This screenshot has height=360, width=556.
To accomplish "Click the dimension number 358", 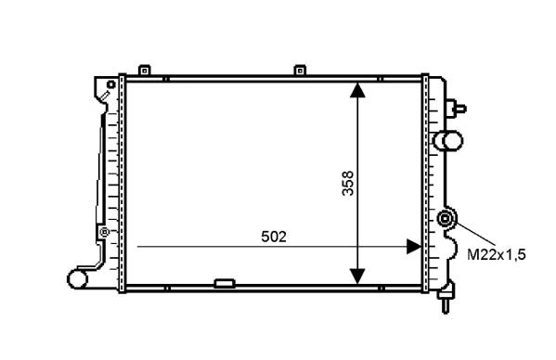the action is pyautogui.click(x=348, y=183).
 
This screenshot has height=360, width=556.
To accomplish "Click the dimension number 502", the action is pyautogui.click(x=274, y=237).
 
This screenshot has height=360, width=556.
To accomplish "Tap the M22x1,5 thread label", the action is pyautogui.click(x=496, y=255).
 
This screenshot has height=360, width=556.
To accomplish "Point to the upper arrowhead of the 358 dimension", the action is pyautogui.click(x=357, y=90).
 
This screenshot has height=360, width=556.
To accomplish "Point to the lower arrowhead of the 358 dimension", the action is pyautogui.click(x=357, y=276).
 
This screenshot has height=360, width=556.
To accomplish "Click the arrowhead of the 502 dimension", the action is pyautogui.click(x=414, y=246).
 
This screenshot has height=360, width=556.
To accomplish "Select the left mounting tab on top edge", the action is pyautogui.click(x=144, y=71).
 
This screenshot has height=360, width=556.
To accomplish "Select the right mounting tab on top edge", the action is pyautogui.click(x=300, y=71).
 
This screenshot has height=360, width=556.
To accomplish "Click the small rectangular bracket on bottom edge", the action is pyautogui.click(x=225, y=284).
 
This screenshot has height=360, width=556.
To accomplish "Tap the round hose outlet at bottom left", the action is pyautogui.click(x=77, y=279).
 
